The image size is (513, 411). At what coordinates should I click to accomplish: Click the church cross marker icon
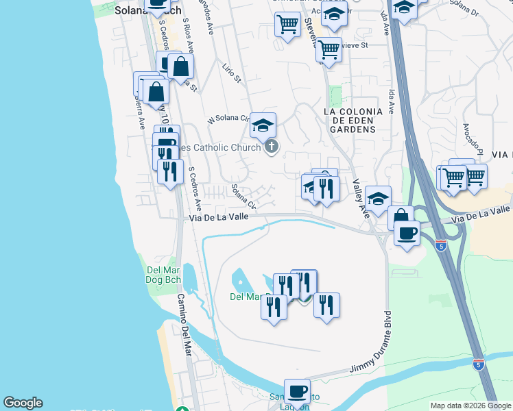click(272, 147)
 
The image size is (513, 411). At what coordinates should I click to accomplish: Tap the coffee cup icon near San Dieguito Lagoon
click(297, 391)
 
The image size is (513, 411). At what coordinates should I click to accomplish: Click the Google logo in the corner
click(23, 403)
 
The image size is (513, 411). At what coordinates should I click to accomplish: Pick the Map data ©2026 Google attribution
click(470, 406)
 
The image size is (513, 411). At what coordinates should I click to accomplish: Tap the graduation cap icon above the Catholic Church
click(263, 125)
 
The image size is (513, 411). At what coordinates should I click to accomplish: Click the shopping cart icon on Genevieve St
click(329, 49)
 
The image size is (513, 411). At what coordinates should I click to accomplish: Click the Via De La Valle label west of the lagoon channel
click(219, 218)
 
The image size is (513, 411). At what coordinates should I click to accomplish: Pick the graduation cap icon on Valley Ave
click(377, 198)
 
